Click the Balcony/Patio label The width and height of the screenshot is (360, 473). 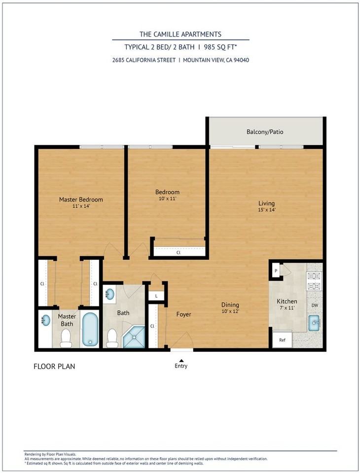pyautogui.click(x=265, y=132)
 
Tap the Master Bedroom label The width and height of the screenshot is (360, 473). pyautogui.click(x=81, y=200)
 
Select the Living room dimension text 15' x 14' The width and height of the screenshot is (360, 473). pyautogui.click(x=266, y=210)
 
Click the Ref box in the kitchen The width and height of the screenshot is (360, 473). pyautogui.click(x=282, y=339)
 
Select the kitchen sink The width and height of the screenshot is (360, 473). pyautogui.click(x=315, y=323)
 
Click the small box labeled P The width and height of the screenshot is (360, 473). pyautogui.click(x=276, y=271)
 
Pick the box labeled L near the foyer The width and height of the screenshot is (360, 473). pyautogui.click(x=156, y=296)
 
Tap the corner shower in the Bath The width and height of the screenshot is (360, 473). pyautogui.click(x=134, y=337)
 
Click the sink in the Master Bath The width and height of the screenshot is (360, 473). pyautogui.click(x=45, y=320)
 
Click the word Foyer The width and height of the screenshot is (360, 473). pyautogui.click(x=183, y=314)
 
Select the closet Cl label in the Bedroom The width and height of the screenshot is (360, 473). pyautogui.click(x=178, y=253)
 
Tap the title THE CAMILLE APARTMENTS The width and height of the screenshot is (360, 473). pyautogui.click(x=180, y=34)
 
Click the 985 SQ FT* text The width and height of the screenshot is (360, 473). pyautogui.click(x=217, y=47)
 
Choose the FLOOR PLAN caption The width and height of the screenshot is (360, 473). pyautogui.click(x=54, y=367)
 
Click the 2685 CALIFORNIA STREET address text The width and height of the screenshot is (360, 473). pyautogui.click(x=144, y=60)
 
